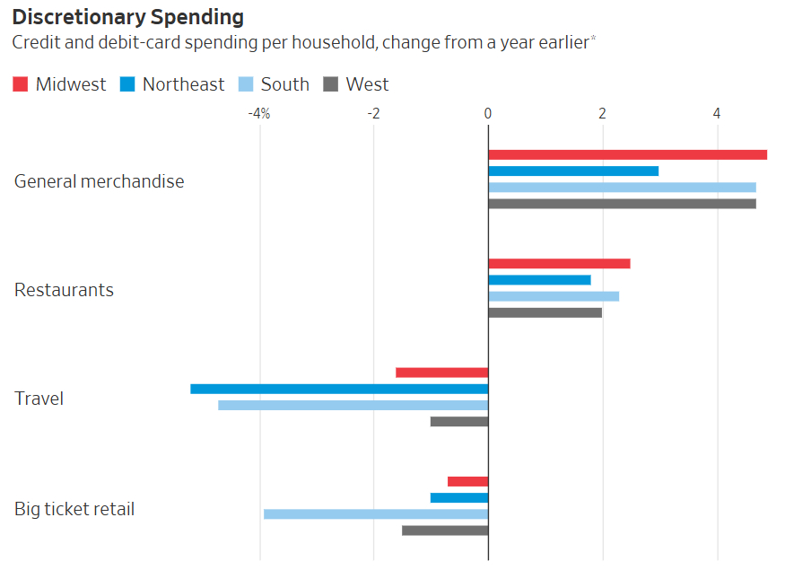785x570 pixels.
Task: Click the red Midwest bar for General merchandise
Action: coord(627,154)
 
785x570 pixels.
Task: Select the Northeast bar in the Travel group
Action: coord(339,389)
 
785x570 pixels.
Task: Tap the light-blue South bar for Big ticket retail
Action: coord(376,514)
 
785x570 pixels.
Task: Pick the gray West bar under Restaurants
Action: coord(545,312)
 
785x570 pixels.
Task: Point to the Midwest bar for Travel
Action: coord(441,373)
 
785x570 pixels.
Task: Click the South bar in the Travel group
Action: coord(353,405)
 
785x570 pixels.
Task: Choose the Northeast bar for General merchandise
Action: coord(573,171)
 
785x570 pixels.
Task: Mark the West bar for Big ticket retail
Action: coord(445,531)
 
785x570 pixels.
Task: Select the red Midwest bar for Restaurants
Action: coord(559,264)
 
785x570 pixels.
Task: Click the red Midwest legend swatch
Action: coord(21,84)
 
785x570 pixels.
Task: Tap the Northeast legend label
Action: coord(183,84)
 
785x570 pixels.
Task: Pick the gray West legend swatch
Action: coord(330,84)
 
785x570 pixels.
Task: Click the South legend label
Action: coord(284,84)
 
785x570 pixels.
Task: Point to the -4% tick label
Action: coord(259,113)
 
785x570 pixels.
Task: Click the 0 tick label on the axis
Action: coord(488,113)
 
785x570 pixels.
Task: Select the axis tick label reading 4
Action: coord(717,113)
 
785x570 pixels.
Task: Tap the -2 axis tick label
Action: coord(373,113)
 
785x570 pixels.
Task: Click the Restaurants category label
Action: coord(64,290)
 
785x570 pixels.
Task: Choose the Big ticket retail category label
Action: coord(74,509)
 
